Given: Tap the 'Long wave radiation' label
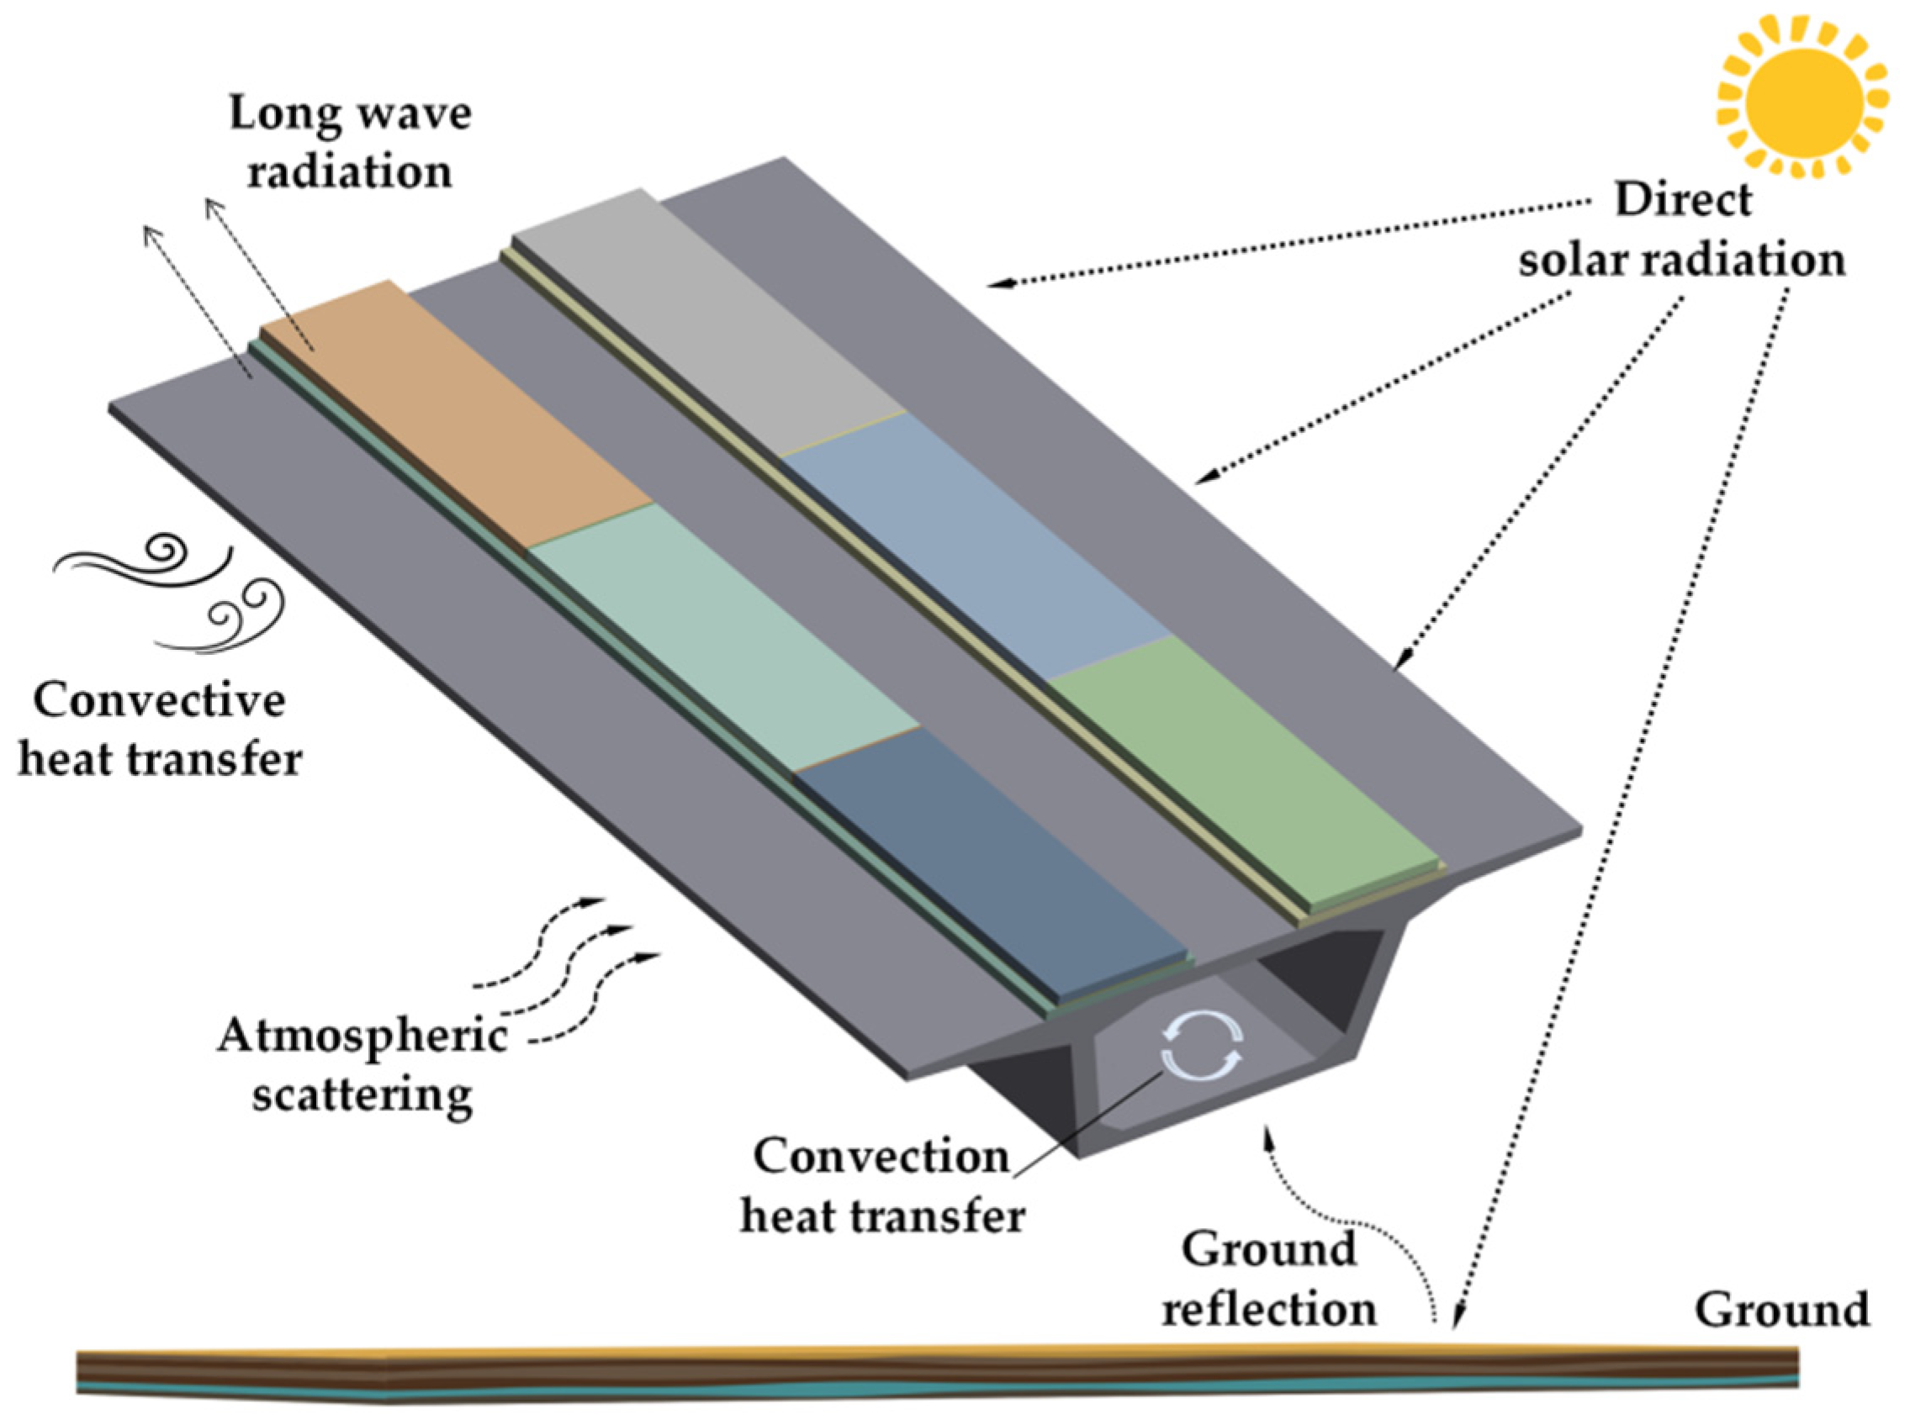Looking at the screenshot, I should pos(349,142).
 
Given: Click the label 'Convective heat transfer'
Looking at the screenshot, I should pos(160,728).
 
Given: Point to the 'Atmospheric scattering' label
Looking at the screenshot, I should pos(362,1064).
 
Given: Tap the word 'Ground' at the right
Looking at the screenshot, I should pos(1781,1310).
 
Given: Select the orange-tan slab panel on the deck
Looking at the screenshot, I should pos(457,414).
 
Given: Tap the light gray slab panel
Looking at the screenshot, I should pos(707,319).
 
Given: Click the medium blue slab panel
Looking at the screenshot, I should pos(975,543).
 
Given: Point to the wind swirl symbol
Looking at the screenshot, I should pos(172,595).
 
